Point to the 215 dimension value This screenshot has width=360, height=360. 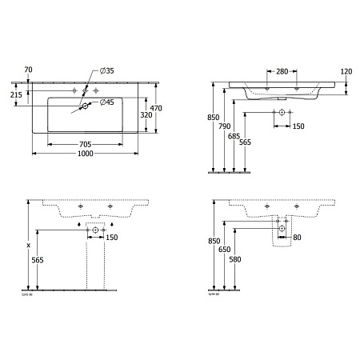click(x=16, y=95)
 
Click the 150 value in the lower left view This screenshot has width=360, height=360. click(x=112, y=238)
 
